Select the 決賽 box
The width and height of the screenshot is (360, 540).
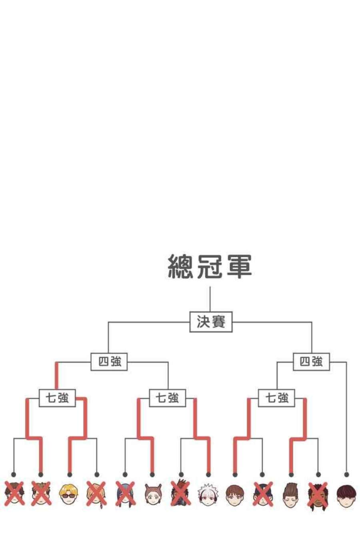pyautogui.click(x=211, y=322)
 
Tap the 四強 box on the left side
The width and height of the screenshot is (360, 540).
pyautogui.click(x=109, y=362)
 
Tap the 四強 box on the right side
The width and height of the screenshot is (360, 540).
pyautogui.click(x=311, y=362)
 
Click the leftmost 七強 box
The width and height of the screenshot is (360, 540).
pyautogui.click(x=57, y=398)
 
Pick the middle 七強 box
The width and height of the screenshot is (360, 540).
pyautogui.click(x=167, y=398)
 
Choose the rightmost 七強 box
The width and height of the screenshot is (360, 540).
pyautogui.click(x=276, y=398)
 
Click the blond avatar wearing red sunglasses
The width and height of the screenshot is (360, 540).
pyautogui.click(x=68, y=494)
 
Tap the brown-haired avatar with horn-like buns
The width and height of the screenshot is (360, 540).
pyautogui.click(x=153, y=494)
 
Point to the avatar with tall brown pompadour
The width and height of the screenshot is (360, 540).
pyautogui.click(x=291, y=494)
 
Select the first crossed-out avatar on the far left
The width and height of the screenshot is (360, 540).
pyautogui.click(x=14, y=494)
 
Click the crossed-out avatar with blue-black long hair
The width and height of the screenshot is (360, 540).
pyautogui.click(x=125, y=494)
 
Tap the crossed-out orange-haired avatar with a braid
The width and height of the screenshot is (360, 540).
pyautogui.click(x=96, y=494)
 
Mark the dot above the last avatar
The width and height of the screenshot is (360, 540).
pyautogui.click(x=346, y=474)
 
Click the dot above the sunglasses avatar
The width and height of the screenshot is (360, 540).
pyautogui.click(x=70, y=474)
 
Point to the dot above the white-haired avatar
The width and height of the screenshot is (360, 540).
pyautogui.click(x=208, y=474)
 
